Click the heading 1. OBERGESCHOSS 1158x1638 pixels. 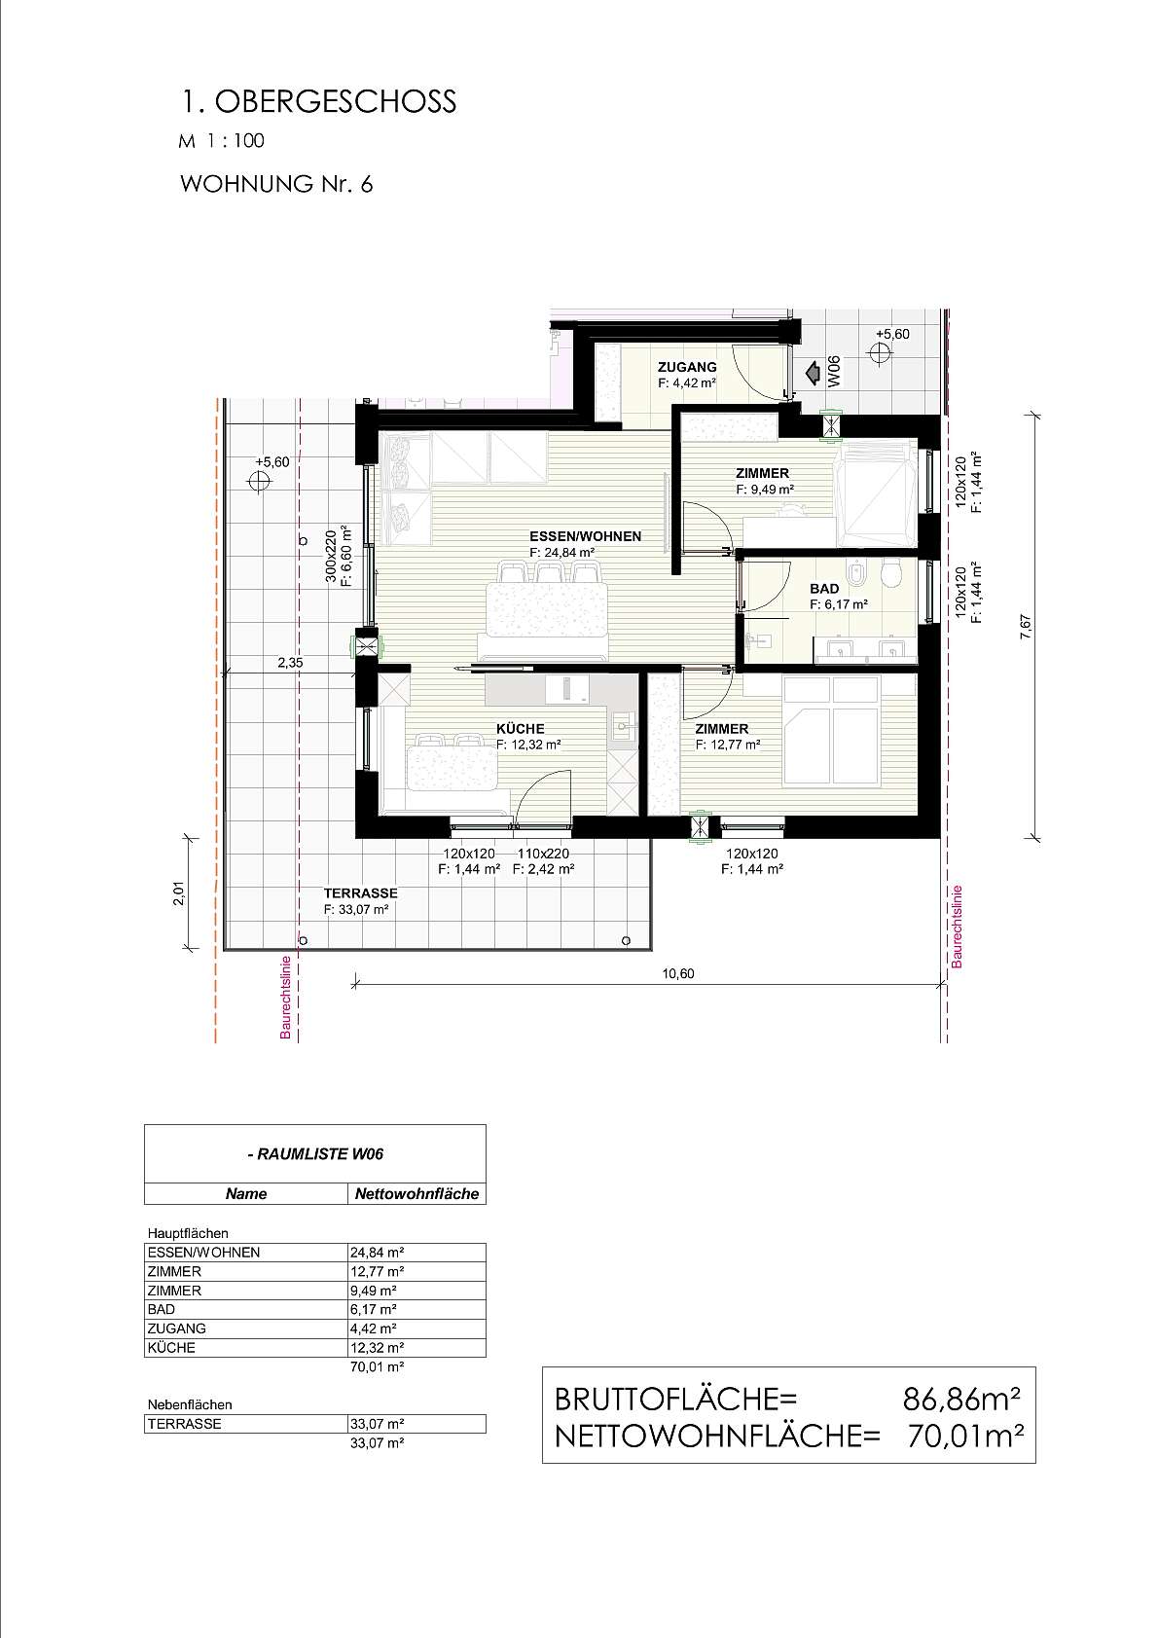point(318,101)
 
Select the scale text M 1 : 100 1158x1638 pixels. point(222,140)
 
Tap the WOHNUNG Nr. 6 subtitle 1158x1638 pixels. point(276,184)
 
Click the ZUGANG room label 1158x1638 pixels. point(686,367)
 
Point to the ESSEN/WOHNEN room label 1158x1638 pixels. point(586,536)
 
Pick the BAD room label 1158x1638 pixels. point(824,589)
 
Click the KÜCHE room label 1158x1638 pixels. point(521,729)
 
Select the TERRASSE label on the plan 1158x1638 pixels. point(360,892)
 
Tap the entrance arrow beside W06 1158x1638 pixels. point(812,375)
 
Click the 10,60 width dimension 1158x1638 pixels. point(677,973)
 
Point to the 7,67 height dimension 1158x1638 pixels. point(1026,628)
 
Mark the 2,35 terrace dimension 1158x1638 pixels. point(290,663)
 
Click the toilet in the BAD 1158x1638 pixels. point(891,573)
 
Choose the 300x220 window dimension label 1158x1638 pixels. point(331,558)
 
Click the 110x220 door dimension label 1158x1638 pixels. point(543,854)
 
